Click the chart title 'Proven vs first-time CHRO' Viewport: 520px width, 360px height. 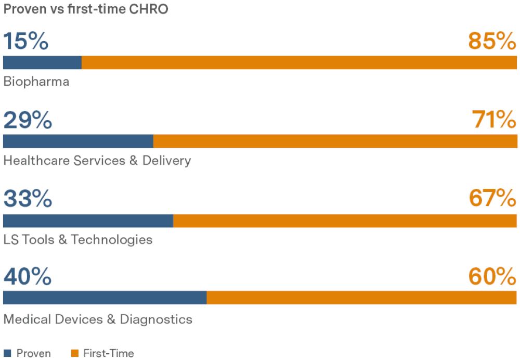(86, 9)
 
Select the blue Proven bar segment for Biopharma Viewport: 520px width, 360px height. (43, 62)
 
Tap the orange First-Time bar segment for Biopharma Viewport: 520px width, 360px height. (299, 62)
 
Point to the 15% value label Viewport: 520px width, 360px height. (26, 41)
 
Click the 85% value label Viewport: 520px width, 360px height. (492, 41)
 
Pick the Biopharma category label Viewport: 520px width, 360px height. (36, 82)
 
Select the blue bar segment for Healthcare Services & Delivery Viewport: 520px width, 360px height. (79, 141)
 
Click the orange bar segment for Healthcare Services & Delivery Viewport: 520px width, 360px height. (335, 141)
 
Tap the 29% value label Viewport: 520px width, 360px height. (28, 120)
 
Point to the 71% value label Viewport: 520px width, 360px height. (494, 120)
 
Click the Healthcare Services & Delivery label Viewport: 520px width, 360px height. (97, 161)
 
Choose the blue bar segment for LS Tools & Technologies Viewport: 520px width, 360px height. (88, 221)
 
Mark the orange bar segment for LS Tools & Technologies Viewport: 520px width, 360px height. (345, 221)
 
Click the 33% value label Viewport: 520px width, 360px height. (28, 198)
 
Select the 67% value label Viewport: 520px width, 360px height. (492, 198)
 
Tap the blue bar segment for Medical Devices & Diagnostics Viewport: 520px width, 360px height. (105, 298)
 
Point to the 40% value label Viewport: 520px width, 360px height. (28, 276)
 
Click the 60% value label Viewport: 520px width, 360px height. (492, 276)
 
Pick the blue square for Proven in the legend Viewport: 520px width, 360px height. (7, 353)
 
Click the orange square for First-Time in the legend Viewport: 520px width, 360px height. (75, 353)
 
